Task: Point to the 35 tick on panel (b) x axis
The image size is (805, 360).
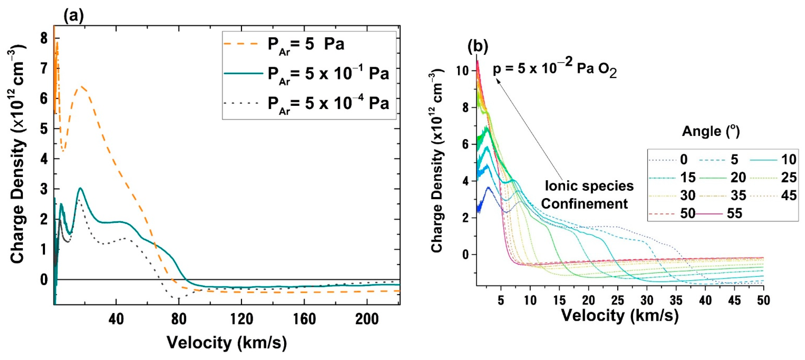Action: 676,300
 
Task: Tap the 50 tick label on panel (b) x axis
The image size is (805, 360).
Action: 763,300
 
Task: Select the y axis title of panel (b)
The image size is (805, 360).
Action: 437,161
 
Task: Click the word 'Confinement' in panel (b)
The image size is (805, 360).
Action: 584,204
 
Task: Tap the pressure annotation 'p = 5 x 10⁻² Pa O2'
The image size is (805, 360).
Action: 555,68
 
